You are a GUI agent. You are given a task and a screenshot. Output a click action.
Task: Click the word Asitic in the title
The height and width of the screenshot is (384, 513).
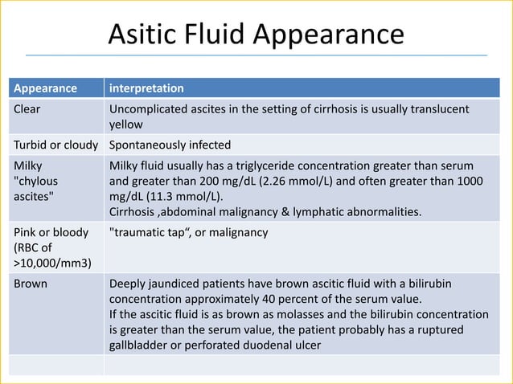coord(144,35)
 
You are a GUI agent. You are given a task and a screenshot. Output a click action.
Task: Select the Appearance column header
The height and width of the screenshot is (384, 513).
coord(45,88)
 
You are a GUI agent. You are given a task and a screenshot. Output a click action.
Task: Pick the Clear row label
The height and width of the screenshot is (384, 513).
coord(28,108)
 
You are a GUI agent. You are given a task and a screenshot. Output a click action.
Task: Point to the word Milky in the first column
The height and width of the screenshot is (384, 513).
coord(28,165)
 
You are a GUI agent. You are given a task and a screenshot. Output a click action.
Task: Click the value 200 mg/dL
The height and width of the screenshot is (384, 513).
coord(220,180)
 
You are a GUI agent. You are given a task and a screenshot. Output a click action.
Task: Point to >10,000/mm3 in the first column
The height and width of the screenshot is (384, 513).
coord(45,263)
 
